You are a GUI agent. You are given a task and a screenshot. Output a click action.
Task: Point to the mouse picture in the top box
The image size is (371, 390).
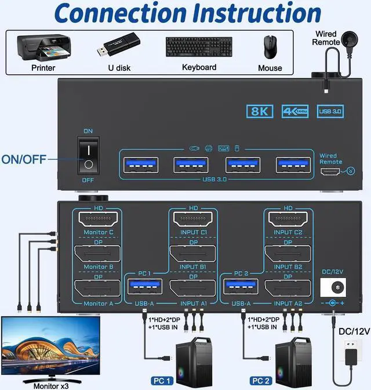click(x=271, y=47)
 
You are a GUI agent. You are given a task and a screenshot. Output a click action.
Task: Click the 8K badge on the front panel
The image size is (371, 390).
click(x=260, y=111)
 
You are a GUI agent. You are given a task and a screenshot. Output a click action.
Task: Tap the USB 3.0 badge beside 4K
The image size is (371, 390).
click(x=330, y=111)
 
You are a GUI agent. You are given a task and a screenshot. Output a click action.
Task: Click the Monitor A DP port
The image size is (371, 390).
click(x=97, y=290)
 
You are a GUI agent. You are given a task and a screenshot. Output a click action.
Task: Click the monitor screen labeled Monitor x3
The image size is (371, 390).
click(x=50, y=346)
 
